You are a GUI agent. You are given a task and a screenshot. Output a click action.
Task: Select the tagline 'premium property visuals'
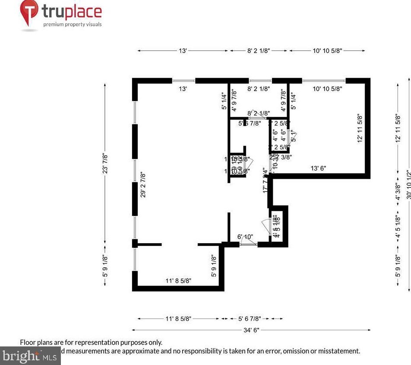[72, 24]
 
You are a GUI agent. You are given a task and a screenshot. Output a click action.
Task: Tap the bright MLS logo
[30, 356]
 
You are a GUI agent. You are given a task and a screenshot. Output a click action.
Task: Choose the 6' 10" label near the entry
[245, 236]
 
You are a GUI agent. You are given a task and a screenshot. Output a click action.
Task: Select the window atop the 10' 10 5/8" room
[324, 80]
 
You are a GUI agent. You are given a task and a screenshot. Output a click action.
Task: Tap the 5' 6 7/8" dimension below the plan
[250, 319]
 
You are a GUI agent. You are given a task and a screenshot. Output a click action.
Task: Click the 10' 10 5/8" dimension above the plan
[327, 51]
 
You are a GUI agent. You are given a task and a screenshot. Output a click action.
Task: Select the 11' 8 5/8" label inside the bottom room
[178, 281]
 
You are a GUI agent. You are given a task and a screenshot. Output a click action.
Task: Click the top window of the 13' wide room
[183, 80]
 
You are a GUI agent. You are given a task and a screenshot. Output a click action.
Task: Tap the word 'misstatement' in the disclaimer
[338, 351]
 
